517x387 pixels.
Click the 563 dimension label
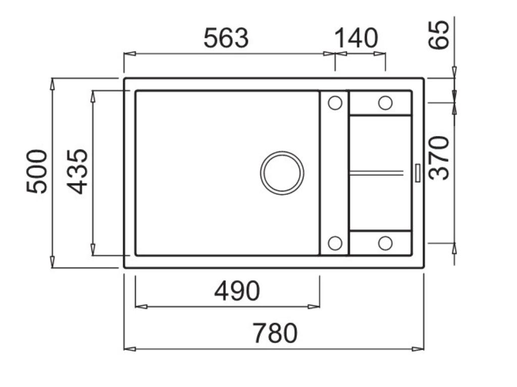point(226,38)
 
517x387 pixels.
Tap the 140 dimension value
point(356,38)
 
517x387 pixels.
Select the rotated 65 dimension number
point(438,34)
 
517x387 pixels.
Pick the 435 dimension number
point(78,171)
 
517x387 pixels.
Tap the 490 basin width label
point(237,291)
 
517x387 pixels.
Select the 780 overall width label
point(275,333)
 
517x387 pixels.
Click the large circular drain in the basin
point(282,172)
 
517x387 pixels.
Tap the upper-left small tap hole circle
point(335,103)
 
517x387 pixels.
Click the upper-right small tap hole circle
point(385,103)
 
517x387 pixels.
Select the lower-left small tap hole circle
point(335,243)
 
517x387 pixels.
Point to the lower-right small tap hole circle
point(385,243)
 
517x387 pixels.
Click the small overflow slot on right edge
point(418,172)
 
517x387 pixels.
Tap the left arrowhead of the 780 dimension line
point(129,349)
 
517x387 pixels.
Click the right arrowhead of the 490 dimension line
point(314,306)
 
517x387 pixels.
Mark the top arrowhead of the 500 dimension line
point(52,84)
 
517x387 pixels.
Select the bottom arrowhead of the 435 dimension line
point(93,249)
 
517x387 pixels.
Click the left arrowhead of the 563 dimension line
point(129,53)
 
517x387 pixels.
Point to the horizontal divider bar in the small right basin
point(376,172)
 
